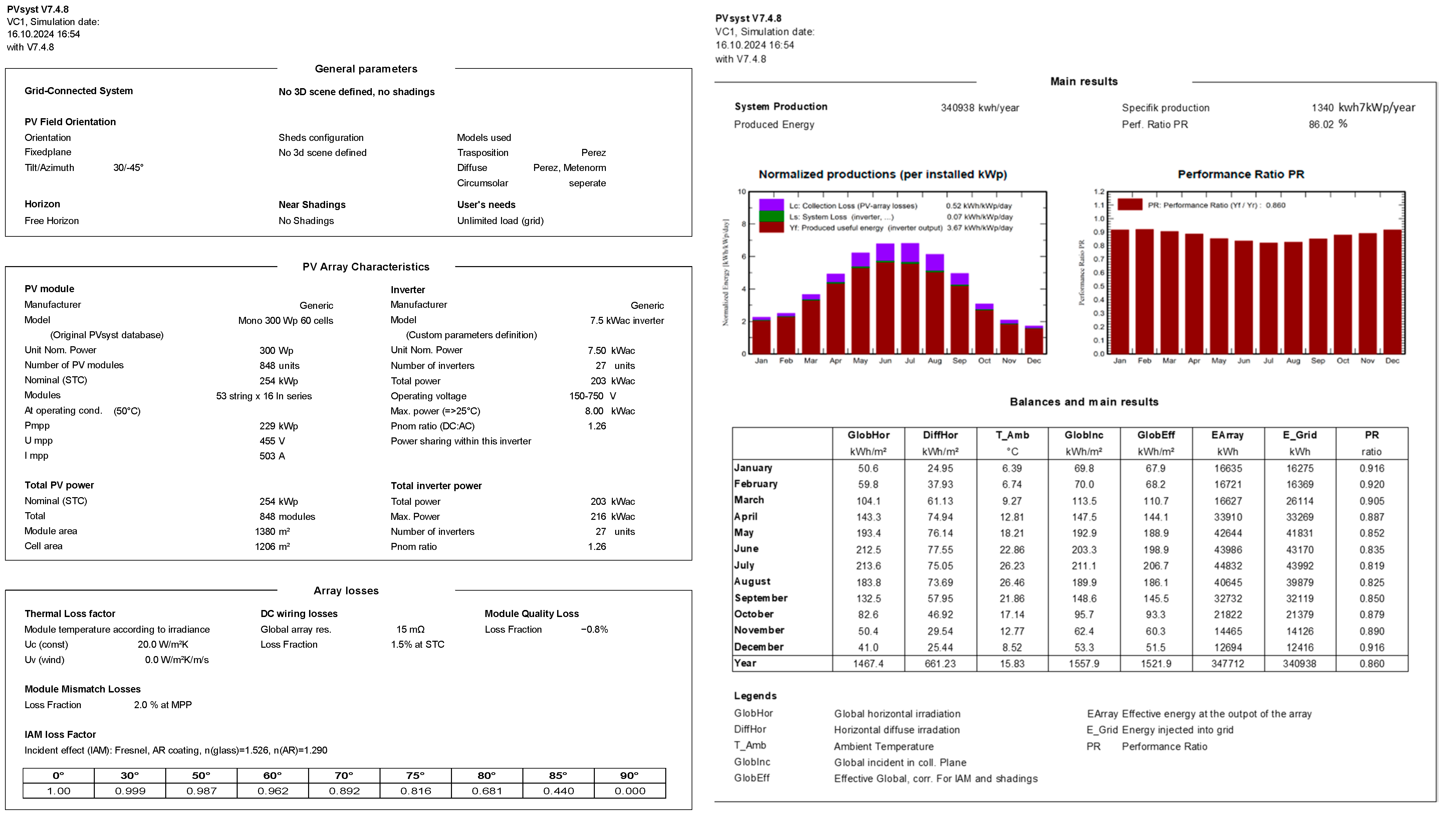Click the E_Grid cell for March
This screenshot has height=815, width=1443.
[1299, 501]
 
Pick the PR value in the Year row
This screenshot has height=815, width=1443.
[1371, 664]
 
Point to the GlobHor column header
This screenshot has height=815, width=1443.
[868, 435]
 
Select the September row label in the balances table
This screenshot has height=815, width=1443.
[761, 598]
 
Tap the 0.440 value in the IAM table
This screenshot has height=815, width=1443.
[558, 791]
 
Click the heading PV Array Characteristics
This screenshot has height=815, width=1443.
[366, 267]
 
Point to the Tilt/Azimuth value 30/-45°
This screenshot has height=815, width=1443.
[128, 168]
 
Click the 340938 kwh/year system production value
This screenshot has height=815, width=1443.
[979, 108]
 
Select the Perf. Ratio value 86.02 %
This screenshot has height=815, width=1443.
[1328, 124]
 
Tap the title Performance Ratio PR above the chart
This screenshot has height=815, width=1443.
[1240, 174]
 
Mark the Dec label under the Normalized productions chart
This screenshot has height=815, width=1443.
[1033, 361]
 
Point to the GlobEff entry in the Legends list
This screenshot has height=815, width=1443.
[752, 778]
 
